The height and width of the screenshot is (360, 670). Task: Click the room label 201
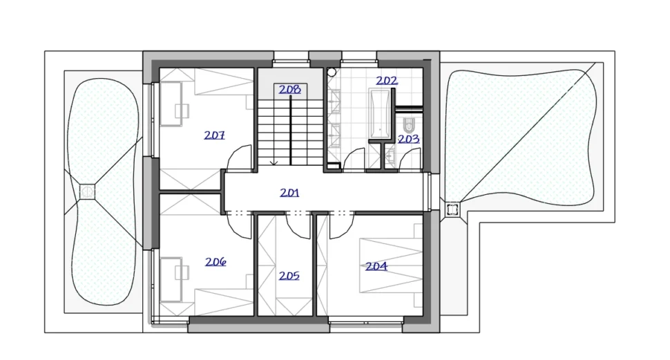[289, 193]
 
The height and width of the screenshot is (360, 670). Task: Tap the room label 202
[387, 80]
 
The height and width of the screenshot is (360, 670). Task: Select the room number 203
[408, 139]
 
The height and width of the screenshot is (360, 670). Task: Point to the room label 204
[376, 266]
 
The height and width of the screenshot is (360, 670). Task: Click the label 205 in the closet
[289, 276]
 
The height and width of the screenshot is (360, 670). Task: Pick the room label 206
[216, 262]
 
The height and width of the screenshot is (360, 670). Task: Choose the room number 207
[214, 135]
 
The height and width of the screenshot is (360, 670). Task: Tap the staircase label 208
[289, 89]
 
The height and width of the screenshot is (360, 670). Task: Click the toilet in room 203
[409, 125]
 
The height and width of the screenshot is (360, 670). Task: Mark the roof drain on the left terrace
[87, 191]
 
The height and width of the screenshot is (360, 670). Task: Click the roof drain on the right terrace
[452, 209]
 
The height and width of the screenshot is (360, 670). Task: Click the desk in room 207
[171, 104]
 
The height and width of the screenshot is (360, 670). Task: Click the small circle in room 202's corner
[332, 72]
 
